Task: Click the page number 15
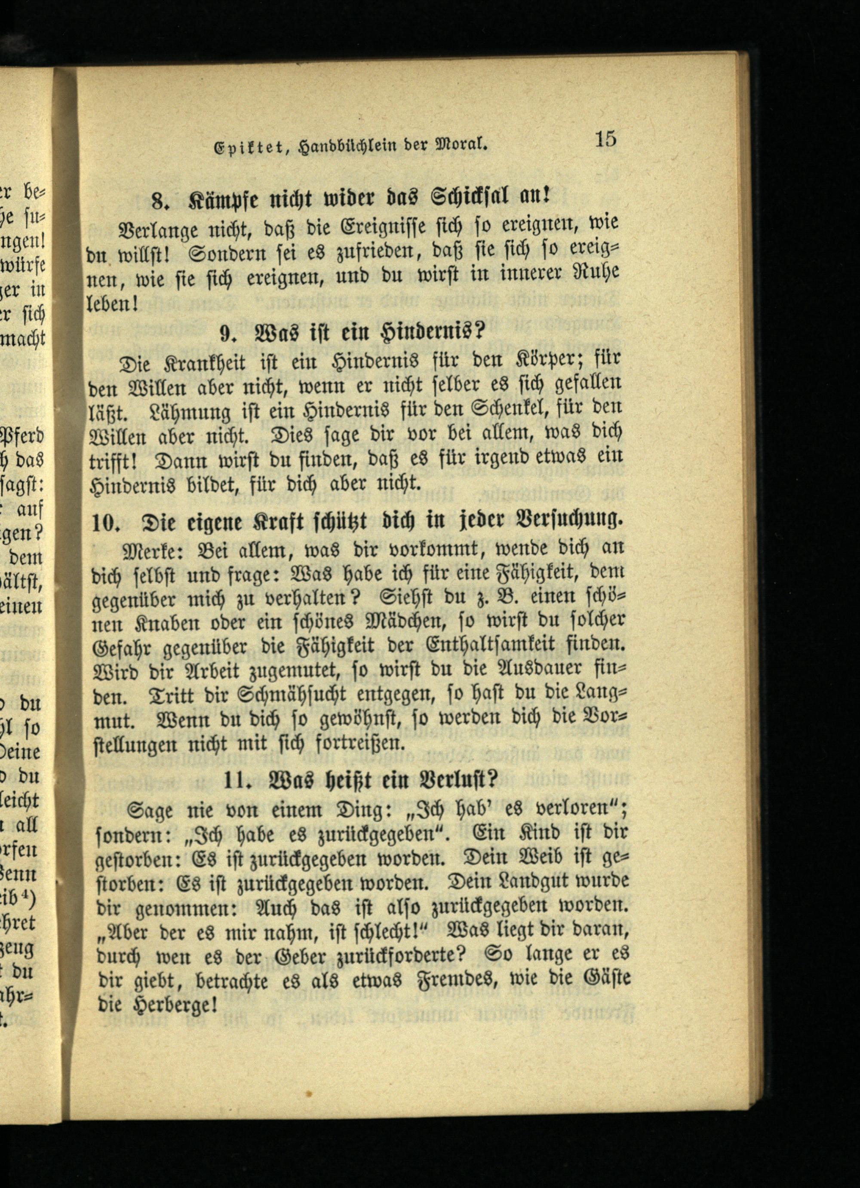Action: tap(605, 139)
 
